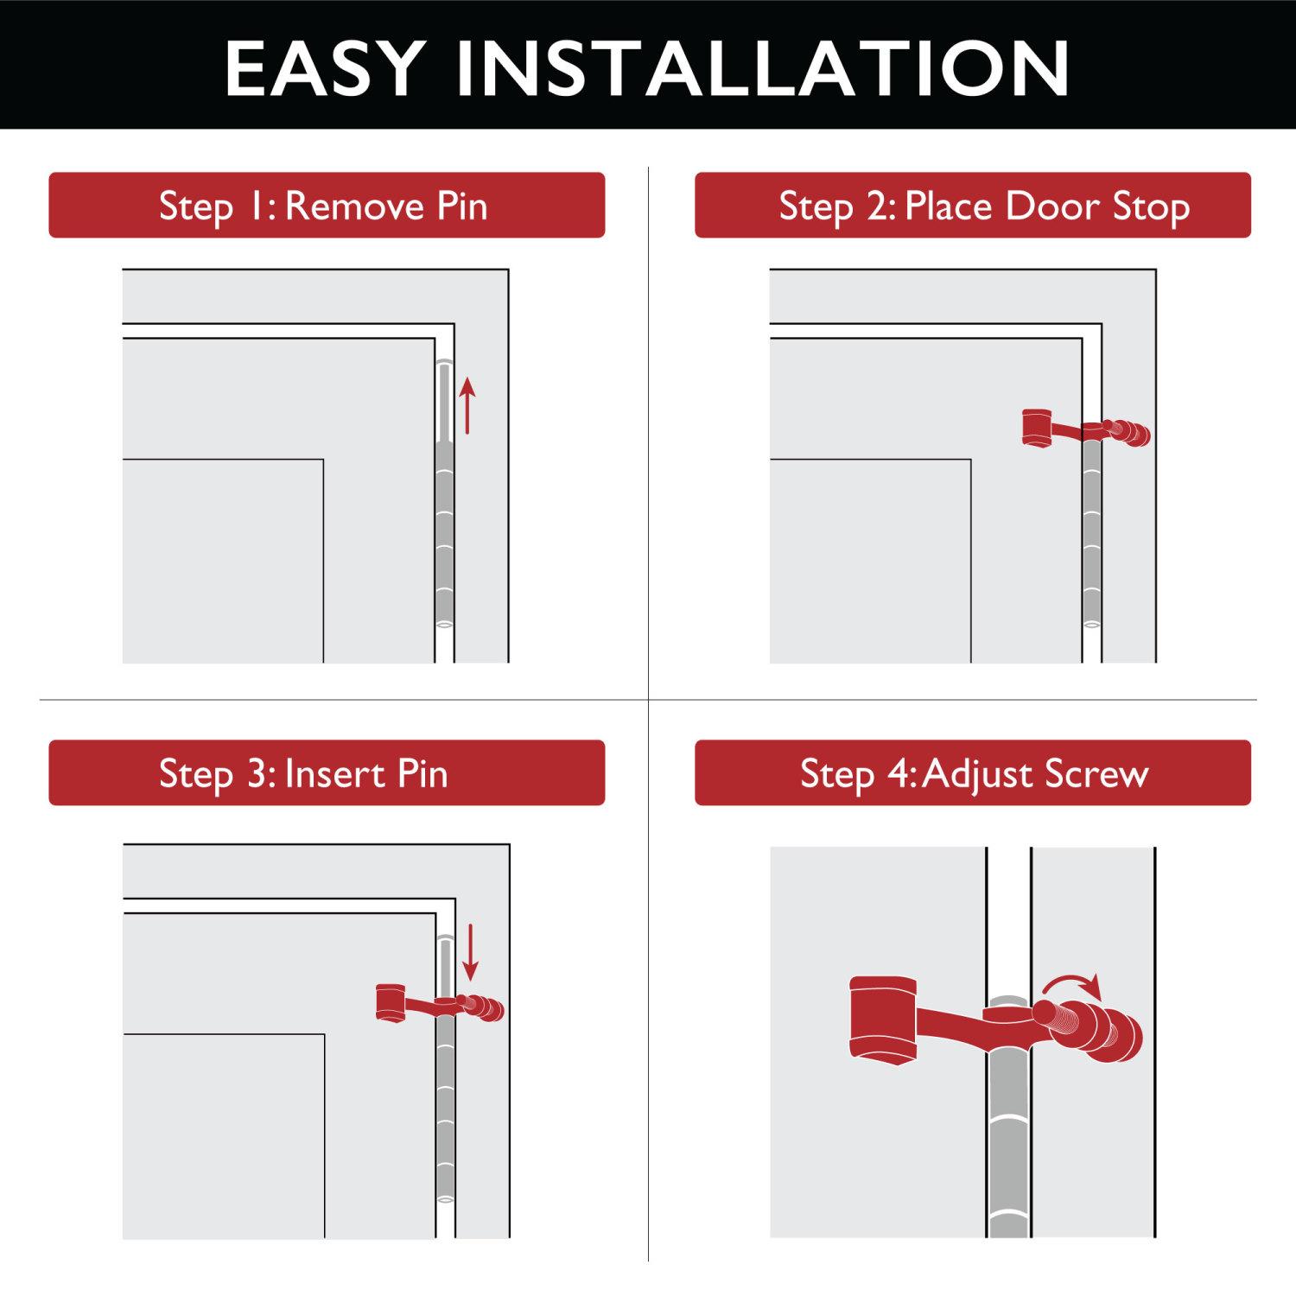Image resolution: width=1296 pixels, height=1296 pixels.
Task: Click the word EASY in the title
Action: pyautogui.click(x=324, y=68)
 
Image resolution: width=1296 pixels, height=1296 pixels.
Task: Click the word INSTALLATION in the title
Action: pyautogui.click(x=763, y=68)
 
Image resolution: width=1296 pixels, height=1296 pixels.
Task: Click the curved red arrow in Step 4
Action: pyautogui.click(x=1072, y=985)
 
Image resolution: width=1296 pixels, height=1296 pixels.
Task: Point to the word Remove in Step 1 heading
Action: pyautogui.click(x=354, y=206)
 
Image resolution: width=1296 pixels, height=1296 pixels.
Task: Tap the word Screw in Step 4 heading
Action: pyautogui.click(x=1097, y=773)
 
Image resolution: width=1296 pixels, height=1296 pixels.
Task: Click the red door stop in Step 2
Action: pyautogui.click(x=1085, y=429)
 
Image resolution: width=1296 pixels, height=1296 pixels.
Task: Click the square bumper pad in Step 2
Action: pyautogui.click(x=1036, y=427)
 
